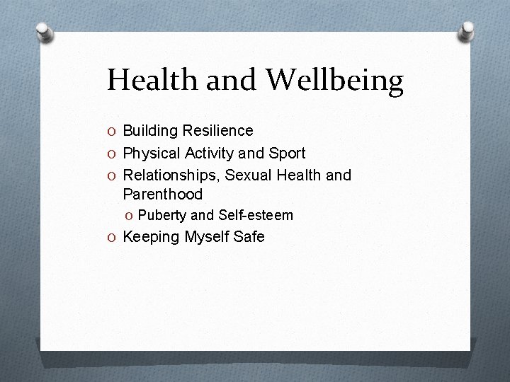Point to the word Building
(x=150, y=130)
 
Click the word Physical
(x=152, y=153)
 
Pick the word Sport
(x=287, y=152)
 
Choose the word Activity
(x=210, y=153)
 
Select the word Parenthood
(x=162, y=193)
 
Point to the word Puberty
(x=162, y=215)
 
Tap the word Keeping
(x=151, y=237)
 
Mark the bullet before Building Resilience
(x=113, y=131)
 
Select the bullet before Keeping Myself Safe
(x=113, y=237)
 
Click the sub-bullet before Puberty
(x=130, y=215)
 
